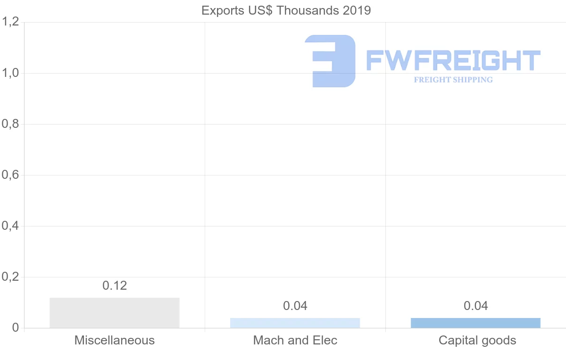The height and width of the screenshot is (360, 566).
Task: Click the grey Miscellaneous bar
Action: (x=115, y=313)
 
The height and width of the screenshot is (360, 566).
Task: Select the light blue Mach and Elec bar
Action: (x=295, y=323)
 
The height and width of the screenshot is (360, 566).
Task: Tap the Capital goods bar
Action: (x=475, y=323)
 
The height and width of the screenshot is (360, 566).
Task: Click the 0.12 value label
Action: (x=115, y=285)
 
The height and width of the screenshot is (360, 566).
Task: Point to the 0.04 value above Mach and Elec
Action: (x=295, y=306)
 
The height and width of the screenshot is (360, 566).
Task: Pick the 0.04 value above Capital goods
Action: (x=476, y=306)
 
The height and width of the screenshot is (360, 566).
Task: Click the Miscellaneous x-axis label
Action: (x=115, y=340)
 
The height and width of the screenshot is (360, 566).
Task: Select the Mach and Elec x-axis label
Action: (x=295, y=340)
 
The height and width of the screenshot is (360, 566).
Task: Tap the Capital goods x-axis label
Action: (x=477, y=340)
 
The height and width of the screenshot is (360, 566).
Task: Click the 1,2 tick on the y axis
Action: (x=10, y=22)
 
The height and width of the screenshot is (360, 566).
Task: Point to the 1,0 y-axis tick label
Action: (x=10, y=73)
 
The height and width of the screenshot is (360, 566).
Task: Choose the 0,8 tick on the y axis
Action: (x=10, y=124)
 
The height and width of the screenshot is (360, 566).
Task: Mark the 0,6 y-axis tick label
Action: (x=10, y=175)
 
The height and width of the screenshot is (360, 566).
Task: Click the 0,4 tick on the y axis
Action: (x=10, y=226)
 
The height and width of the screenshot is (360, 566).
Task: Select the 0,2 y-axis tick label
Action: (x=10, y=277)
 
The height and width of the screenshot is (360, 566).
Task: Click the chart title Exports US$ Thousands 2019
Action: (x=286, y=10)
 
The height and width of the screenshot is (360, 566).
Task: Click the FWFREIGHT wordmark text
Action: (x=453, y=60)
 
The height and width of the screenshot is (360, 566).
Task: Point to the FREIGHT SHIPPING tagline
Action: (x=453, y=80)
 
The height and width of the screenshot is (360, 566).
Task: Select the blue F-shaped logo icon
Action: (x=330, y=61)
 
